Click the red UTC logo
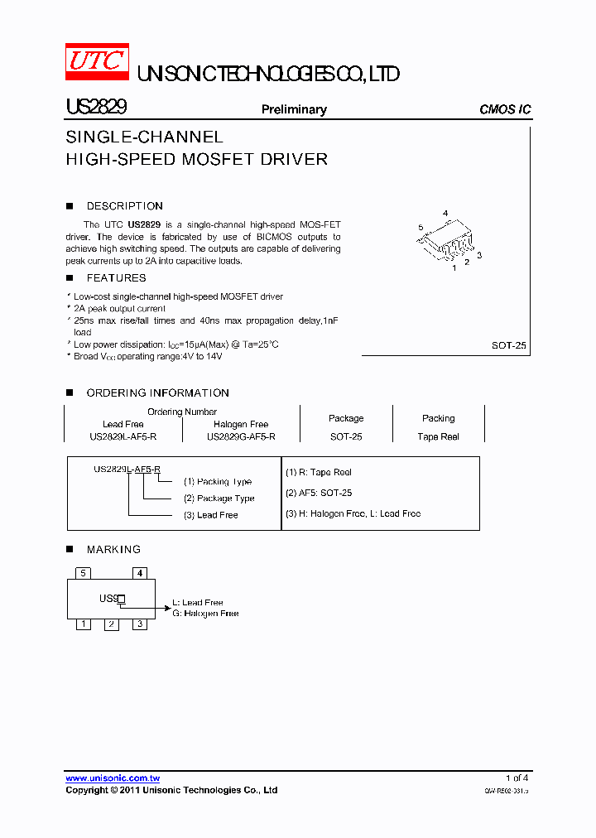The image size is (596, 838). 97,61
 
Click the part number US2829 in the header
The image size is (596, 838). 95,108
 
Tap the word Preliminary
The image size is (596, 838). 294,109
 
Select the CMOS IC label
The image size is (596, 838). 505,109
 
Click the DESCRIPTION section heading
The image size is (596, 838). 124,206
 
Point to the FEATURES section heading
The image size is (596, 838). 116,278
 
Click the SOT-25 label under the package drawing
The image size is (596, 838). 508,346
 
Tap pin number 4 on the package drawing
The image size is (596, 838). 445,214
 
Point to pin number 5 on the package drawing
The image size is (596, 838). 421,227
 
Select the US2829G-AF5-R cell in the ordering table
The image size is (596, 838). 241,436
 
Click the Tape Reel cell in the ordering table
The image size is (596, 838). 438,436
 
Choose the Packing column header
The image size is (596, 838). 438,418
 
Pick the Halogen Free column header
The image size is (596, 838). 241,424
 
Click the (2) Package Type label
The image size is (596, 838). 219,498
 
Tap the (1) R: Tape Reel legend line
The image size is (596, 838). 319,472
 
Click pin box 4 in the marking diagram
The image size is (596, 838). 140,573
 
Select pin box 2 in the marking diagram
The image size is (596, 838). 111,624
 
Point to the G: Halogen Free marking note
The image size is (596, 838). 205,614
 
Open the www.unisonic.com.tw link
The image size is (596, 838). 113,778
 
